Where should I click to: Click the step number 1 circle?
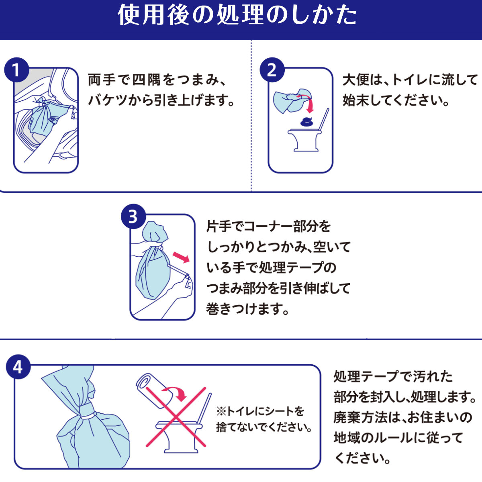coord(16,71)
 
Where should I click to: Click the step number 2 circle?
coord(272,71)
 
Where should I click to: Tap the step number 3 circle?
coord(133,217)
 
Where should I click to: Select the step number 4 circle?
coord(18,367)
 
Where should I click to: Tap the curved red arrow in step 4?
coord(178,392)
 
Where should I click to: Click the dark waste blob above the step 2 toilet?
coord(307,121)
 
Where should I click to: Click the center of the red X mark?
coord(176,417)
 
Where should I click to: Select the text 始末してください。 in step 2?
coord(396,100)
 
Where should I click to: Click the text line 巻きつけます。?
coord(247,309)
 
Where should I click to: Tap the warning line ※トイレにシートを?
coord(260,411)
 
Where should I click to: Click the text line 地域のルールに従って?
coord(398,437)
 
